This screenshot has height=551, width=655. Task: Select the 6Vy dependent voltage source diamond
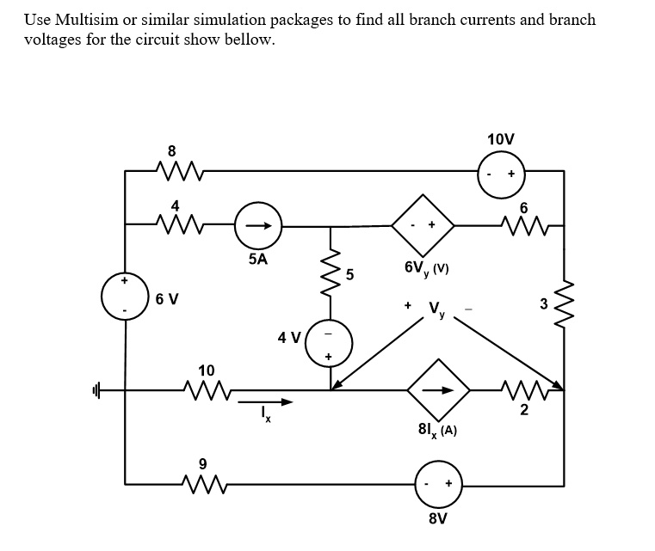click(x=423, y=226)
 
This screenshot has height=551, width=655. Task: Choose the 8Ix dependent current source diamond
click(x=439, y=389)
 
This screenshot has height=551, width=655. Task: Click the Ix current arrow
click(x=265, y=401)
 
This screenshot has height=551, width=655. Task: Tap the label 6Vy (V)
click(x=427, y=268)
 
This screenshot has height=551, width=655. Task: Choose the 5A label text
click(x=256, y=257)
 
